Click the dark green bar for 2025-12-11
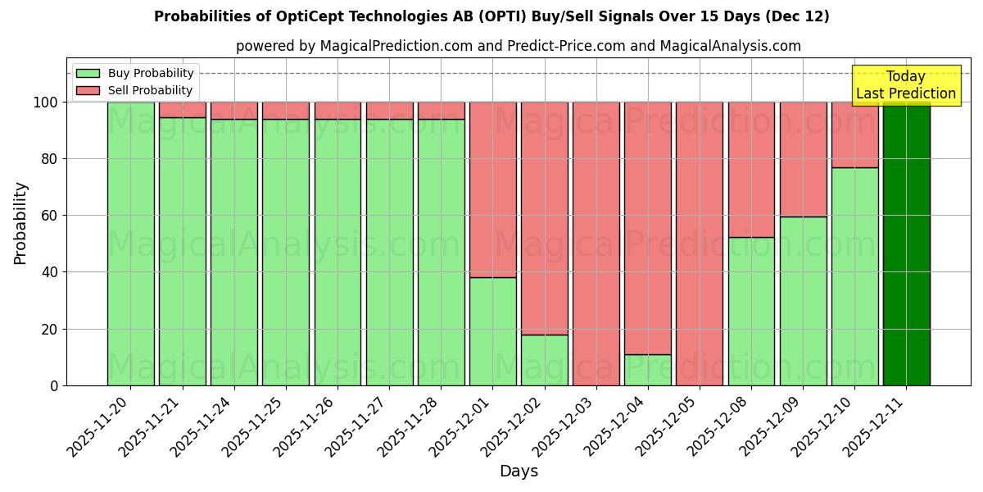click(x=906, y=244)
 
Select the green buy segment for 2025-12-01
click(x=492, y=331)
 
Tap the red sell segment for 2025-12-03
click(x=596, y=244)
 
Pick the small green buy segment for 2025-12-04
click(x=648, y=371)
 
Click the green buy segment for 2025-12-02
click(x=544, y=360)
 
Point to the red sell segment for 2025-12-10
click(x=854, y=134)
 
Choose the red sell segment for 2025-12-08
click(x=751, y=169)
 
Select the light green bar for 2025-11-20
click(x=130, y=244)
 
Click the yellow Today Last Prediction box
click(x=905, y=85)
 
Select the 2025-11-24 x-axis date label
click(x=204, y=430)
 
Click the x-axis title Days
click(x=519, y=471)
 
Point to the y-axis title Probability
click(x=20, y=223)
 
